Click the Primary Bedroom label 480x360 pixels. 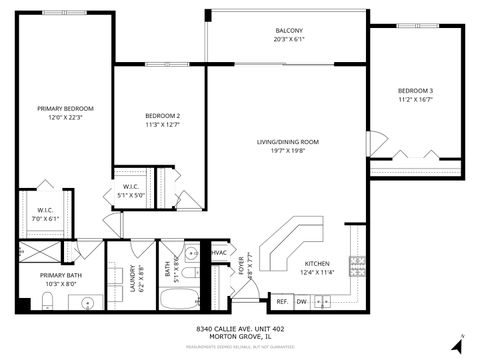(65, 108)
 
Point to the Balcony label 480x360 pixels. (289, 31)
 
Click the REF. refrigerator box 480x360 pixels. (282, 301)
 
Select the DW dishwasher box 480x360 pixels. (301, 301)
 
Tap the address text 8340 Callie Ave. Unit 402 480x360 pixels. (239, 327)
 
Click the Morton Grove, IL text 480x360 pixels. (239, 336)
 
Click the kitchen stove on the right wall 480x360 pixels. (356, 265)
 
